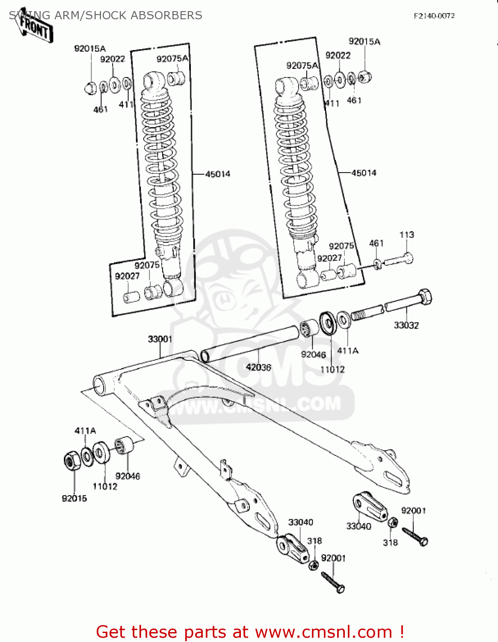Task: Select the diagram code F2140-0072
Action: coord(434,16)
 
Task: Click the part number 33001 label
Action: coord(160,339)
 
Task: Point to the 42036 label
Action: coord(258,367)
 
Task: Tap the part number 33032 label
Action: coord(406,325)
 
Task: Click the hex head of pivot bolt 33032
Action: coord(424,297)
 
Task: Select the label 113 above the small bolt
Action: coord(406,235)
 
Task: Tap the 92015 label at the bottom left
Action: coord(74,498)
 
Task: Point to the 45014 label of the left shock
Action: coord(217,174)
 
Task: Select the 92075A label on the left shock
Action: coord(172,59)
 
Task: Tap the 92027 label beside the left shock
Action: coord(127,276)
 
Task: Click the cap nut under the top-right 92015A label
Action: coord(365,77)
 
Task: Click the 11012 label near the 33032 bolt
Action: coord(332,369)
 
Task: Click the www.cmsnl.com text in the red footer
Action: coord(323,632)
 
